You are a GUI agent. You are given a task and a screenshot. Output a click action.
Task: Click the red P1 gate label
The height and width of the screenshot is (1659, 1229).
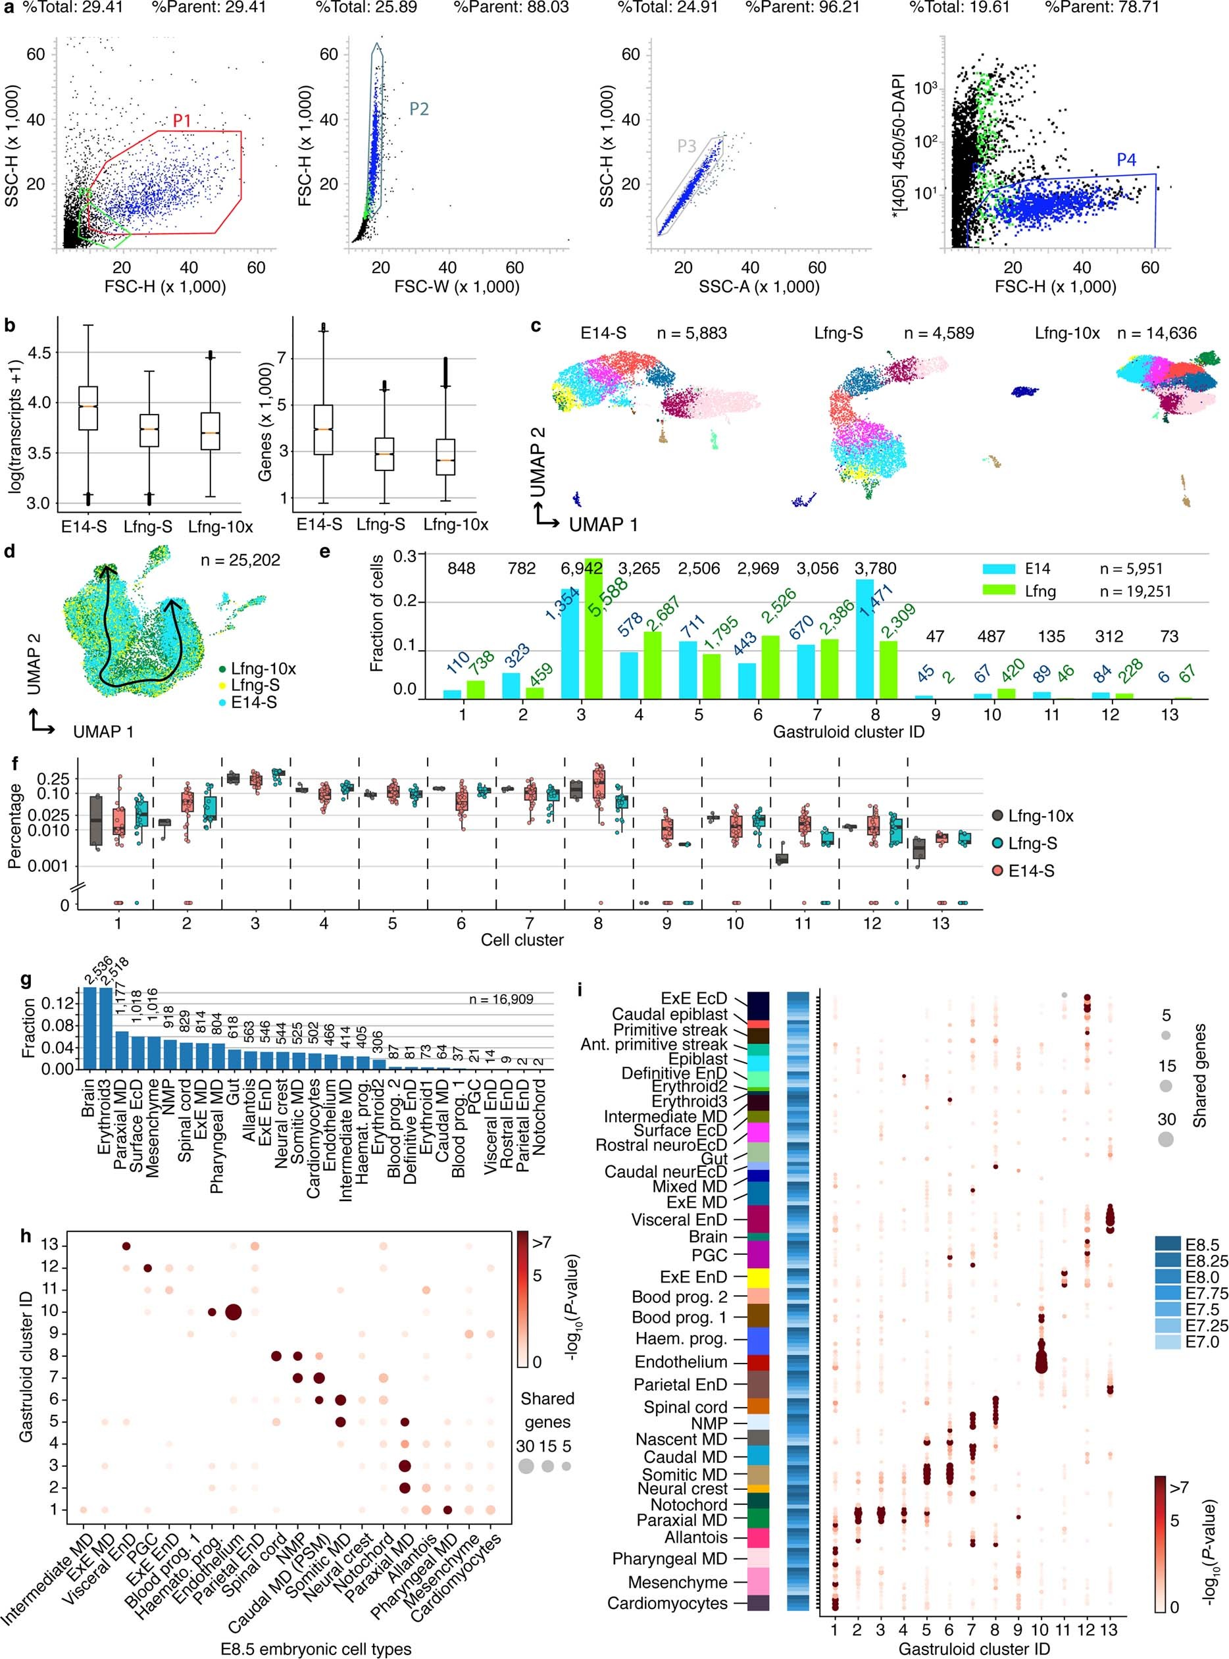pyautogui.click(x=182, y=120)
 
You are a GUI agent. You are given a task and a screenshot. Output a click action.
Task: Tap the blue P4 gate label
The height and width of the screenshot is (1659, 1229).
pyautogui.click(x=1126, y=160)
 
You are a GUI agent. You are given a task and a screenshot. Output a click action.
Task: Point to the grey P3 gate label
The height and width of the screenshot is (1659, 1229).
pyautogui.click(x=687, y=146)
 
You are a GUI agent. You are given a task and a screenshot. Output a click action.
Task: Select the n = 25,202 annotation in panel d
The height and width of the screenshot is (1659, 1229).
pyautogui.click(x=239, y=560)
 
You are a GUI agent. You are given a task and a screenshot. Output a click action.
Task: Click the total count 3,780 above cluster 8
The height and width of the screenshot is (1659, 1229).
pyautogui.click(x=876, y=569)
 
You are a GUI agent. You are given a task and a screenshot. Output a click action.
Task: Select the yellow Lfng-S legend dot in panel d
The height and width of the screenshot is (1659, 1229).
pyautogui.click(x=222, y=684)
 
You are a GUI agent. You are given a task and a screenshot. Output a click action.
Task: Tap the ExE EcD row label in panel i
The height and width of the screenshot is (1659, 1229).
pyautogui.click(x=693, y=998)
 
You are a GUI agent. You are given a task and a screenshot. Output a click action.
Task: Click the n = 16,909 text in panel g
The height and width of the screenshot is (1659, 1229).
pyautogui.click(x=501, y=999)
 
